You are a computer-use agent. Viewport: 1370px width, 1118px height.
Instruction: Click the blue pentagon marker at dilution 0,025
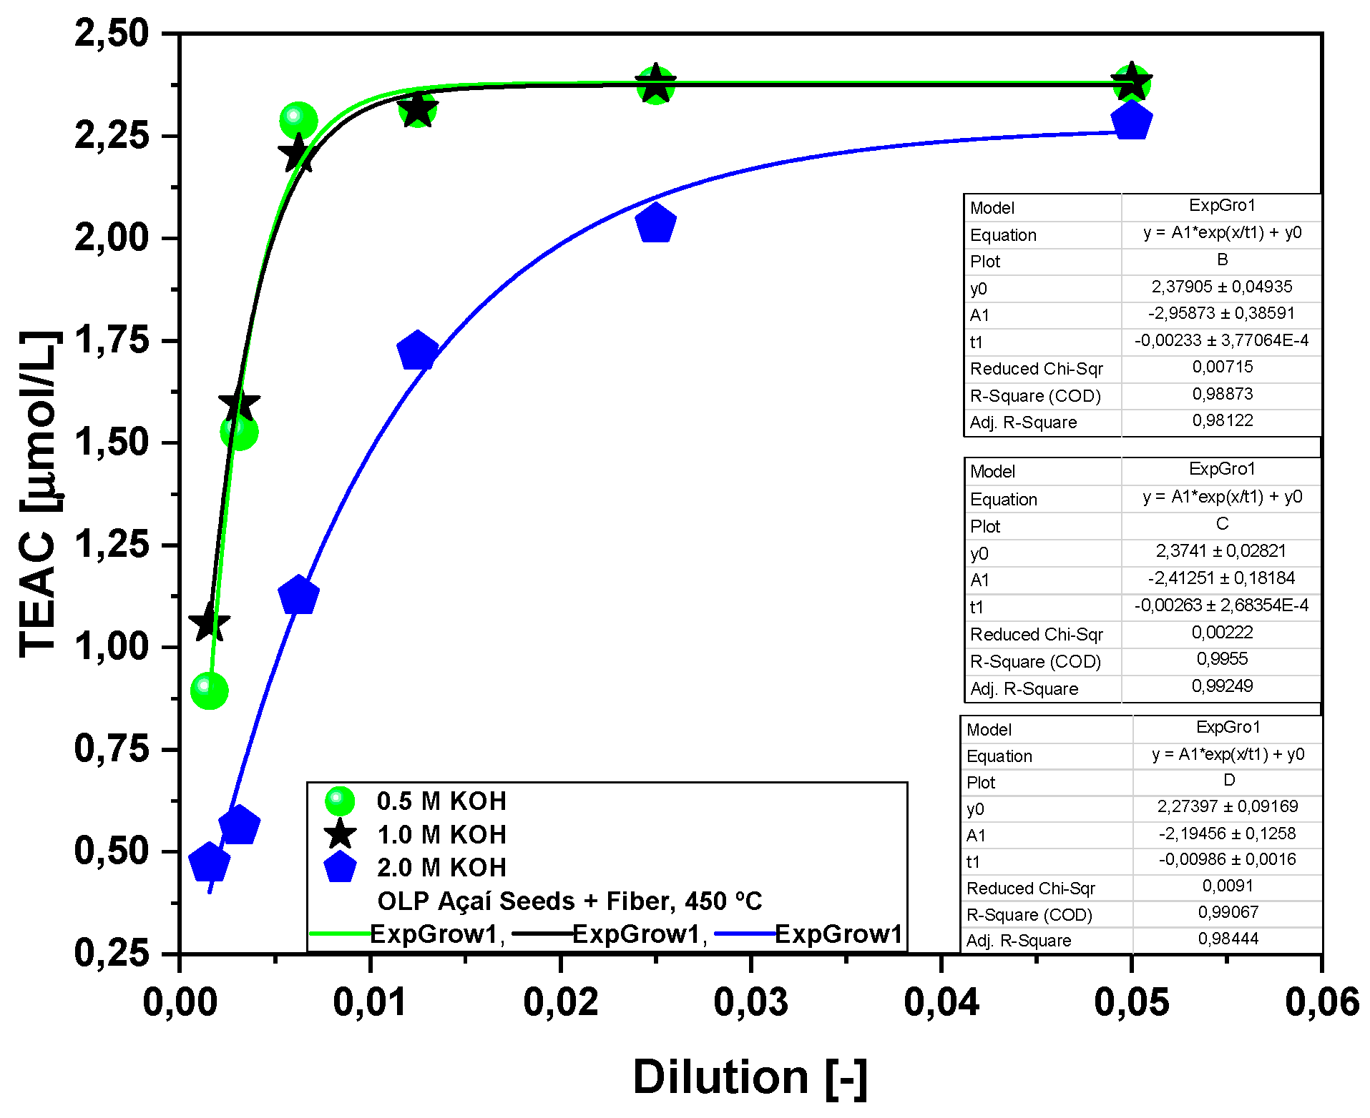655,223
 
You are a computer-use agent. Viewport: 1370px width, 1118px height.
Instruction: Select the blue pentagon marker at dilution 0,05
1131,120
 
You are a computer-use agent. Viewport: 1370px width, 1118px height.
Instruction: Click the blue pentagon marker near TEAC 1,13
298,595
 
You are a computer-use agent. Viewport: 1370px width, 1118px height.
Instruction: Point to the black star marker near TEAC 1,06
208,622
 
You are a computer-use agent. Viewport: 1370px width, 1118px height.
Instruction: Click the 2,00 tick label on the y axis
112,237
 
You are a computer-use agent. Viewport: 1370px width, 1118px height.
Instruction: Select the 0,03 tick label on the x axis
750,1002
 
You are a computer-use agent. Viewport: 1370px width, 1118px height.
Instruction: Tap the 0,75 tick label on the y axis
112,748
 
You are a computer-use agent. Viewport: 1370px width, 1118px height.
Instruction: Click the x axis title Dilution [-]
750,1077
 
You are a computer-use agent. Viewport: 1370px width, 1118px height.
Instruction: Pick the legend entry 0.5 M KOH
441,801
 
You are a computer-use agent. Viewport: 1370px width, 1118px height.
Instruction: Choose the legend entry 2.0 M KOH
441,867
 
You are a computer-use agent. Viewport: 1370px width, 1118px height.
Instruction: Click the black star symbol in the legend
340,834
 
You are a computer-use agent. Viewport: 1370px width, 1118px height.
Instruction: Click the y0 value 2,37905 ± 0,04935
1221,287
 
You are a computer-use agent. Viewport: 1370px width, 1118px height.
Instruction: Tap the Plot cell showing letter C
1222,524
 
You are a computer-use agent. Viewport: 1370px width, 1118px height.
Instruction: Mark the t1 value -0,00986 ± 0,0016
1227,859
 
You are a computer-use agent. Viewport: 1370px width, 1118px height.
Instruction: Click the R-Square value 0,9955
1222,658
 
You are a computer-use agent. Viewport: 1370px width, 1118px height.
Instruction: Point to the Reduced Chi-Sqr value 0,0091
1227,886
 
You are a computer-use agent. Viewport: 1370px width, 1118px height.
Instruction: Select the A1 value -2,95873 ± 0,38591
1221,313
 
